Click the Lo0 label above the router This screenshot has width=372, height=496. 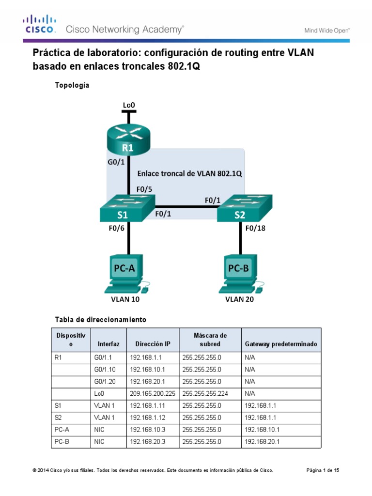coord(128,104)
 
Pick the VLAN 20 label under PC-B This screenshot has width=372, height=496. coord(240,299)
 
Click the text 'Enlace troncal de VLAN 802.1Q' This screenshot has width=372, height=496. coord(189,173)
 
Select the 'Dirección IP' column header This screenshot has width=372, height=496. coord(153,344)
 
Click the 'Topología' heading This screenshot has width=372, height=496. coord(72,85)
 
